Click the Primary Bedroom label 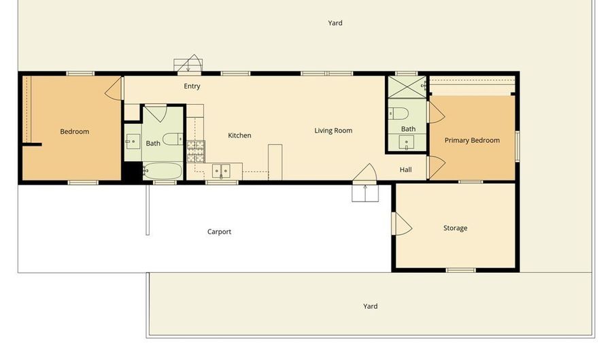[472, 140]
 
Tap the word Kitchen [239, 135]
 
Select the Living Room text [333, 131]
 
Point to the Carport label [219, 232]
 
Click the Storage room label [455, 228]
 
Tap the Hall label [405, 169]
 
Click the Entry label [192, 86]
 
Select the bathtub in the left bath [162, 171]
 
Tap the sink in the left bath [131, 142]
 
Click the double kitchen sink [221, 170]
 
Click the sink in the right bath [406, 142]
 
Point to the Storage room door [401, 224]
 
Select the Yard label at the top [335, 23]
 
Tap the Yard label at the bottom [370, 306]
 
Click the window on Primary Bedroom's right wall [517, 146]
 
